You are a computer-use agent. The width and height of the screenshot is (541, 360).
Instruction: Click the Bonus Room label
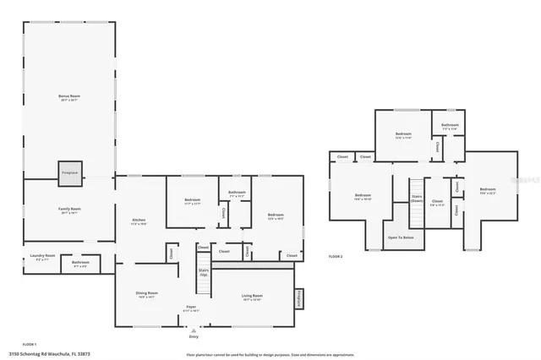point(69,98)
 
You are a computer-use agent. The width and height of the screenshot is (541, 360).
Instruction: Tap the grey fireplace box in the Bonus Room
point(69,172)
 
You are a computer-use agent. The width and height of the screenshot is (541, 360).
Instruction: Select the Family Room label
point(69,210)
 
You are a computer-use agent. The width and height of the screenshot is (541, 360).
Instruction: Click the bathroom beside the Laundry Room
point(81,264)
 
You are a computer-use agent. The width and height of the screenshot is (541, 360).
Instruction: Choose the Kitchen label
point(139,222)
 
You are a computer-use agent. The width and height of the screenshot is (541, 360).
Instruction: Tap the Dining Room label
point(146,295)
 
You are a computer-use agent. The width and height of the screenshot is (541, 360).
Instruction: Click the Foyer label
point(191,308)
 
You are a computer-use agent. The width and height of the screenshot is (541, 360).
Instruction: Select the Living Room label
point(252,297)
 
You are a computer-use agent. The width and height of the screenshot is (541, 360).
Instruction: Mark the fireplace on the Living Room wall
point(298,299)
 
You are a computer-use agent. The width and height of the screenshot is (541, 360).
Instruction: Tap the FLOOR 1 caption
point(30,344)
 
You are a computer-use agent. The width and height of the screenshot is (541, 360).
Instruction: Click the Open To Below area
point(401,237)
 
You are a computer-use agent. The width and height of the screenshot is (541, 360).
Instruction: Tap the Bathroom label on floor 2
point(448,127)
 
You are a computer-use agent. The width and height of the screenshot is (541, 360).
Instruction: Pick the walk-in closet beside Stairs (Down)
point(438,203)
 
